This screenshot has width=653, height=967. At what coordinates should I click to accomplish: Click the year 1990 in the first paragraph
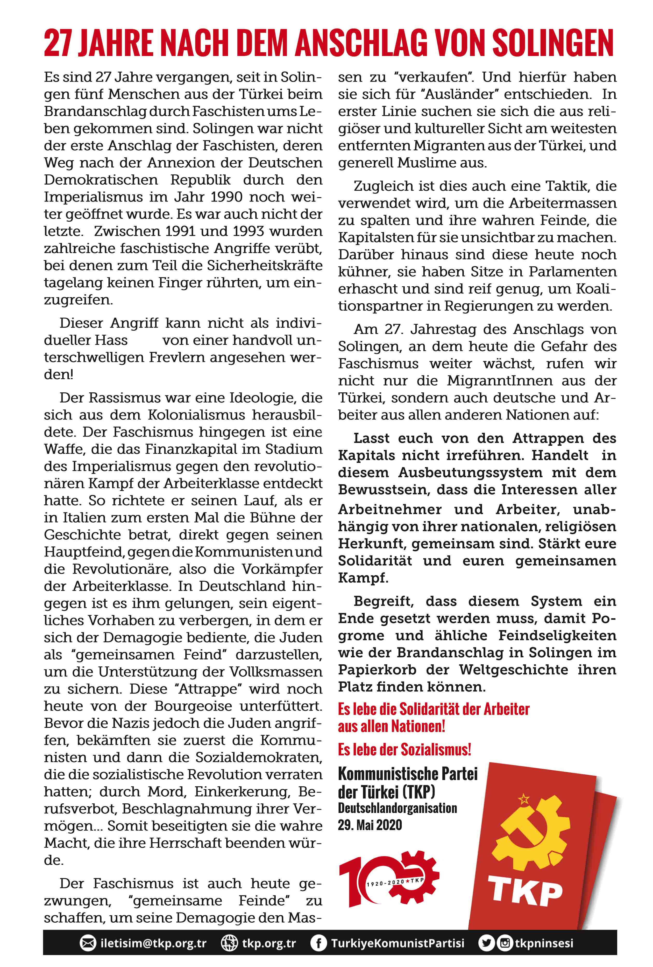tap(226, 197)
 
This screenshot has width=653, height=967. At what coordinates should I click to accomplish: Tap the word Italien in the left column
tap(88, 518)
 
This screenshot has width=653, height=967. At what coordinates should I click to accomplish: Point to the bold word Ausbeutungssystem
tap(470, 473)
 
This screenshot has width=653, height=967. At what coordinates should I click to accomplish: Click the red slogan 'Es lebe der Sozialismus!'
tap(404, 749)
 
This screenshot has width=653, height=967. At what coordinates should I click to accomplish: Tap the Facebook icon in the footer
tap(318, 943)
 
